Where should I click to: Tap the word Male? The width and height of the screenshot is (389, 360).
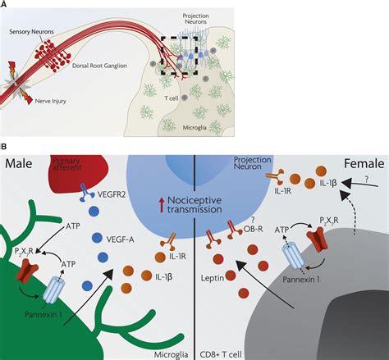[x=20, y=165]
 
